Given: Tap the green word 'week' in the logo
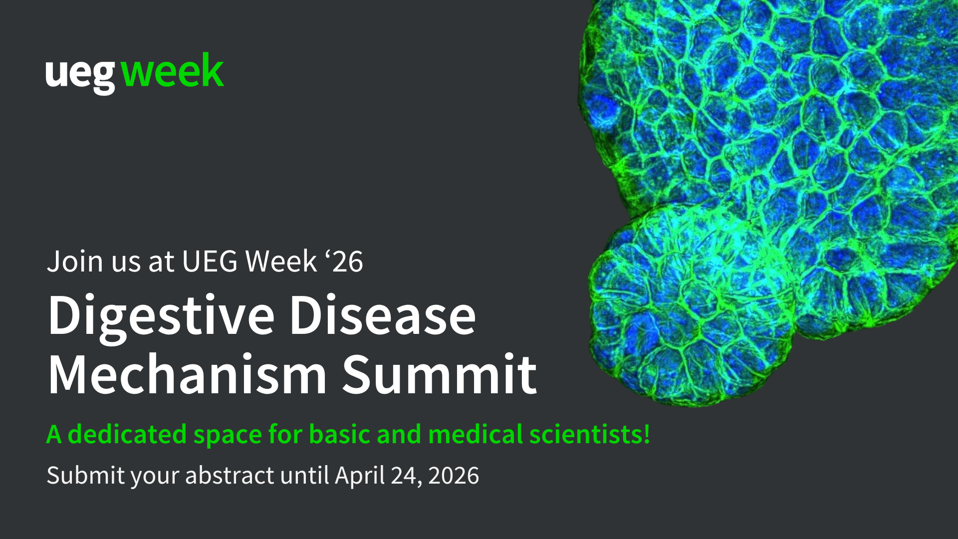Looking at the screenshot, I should (172, 71).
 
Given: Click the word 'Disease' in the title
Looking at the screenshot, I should (383, 316).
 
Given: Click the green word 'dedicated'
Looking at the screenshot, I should (127, 434).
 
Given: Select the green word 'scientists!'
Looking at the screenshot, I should (590, 434).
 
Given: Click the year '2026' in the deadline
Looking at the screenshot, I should (454, 475).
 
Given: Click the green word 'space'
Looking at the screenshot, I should (227, 435).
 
